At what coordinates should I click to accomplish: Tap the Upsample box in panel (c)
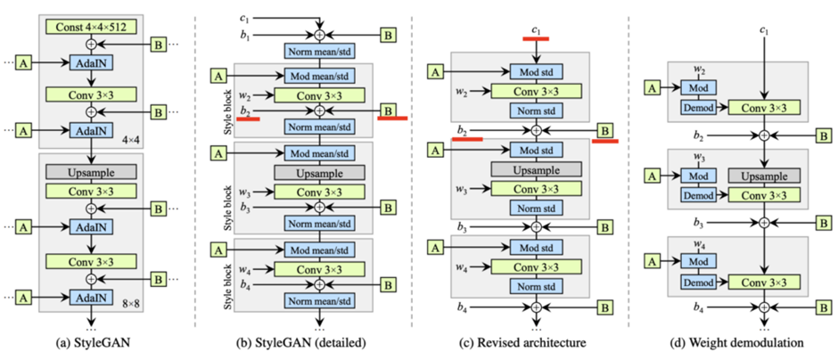click(536, 168)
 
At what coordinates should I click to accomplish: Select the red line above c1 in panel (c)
click(535, 39)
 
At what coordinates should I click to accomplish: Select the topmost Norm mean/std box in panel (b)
click(318, 52)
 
